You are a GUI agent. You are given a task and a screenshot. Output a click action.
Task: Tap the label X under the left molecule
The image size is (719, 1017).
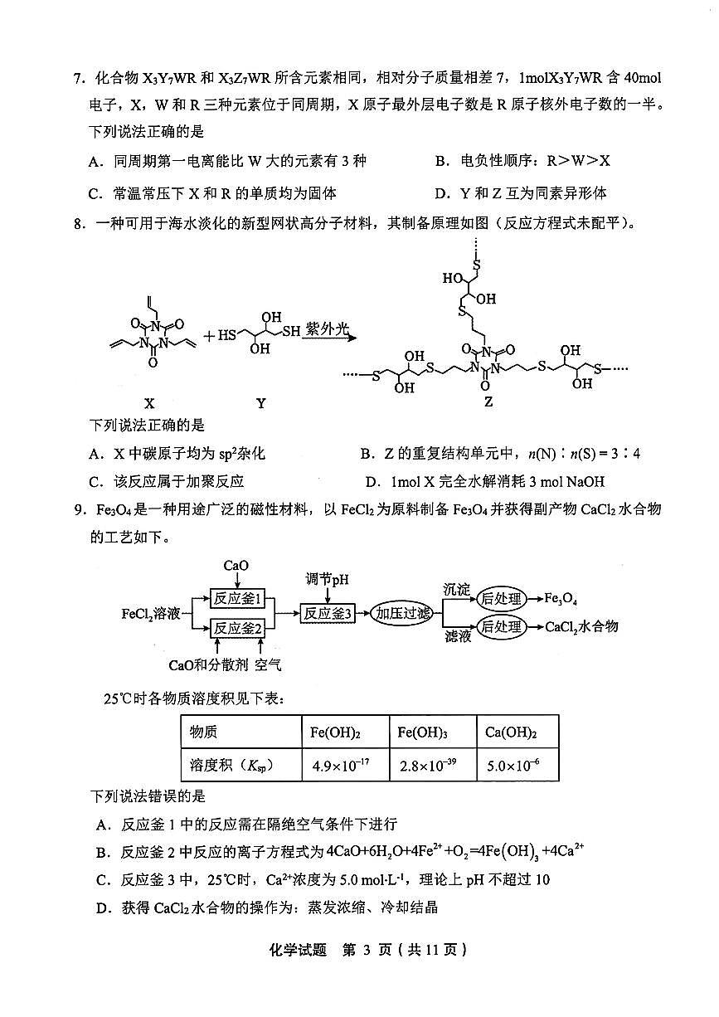pyautogui.click(x=149, y=404)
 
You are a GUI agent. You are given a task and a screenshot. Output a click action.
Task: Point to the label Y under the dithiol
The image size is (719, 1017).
pyautogui.click(x=260, y=404)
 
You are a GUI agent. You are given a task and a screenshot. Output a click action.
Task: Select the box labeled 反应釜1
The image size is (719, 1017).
pyautogui.click(x=238, y=599)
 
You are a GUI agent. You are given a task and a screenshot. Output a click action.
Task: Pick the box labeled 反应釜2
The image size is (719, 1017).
pyautogui.click(x=238, y=629)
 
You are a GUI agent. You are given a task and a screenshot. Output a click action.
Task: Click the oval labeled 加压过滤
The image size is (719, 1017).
pyautogui.click(x=402, y=614)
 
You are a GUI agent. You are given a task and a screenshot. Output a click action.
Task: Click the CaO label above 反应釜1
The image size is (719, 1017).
pyautogui.click(x=236, y=567)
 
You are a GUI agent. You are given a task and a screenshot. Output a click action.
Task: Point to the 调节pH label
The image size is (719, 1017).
pyautogui.click(x=328, y=579)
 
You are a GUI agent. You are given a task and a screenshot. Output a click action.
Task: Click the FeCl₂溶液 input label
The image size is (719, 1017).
pyautogui.click(x=151, y=614)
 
